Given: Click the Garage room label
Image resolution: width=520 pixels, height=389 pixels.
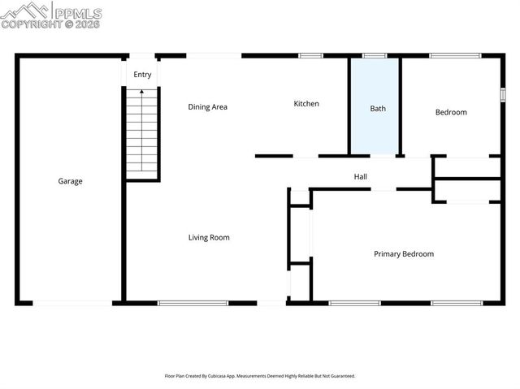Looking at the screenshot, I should (70, 181).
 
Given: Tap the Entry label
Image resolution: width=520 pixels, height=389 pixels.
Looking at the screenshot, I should (142, 75).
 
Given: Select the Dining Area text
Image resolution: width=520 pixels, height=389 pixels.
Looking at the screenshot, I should (207, 106).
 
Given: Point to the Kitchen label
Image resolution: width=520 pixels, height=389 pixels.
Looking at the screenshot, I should (306, 103).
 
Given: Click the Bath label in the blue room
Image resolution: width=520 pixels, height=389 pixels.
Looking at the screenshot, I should (378, 109).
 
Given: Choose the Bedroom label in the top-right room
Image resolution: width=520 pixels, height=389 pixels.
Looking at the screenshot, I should (451, 112).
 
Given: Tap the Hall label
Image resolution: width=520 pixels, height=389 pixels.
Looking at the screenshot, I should (360, 176).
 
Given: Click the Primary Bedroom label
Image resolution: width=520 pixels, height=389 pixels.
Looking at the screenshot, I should (403, 253).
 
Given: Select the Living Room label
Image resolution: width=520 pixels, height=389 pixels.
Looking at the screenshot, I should (209, 237).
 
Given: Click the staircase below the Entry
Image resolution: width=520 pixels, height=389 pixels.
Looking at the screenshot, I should (141, 134).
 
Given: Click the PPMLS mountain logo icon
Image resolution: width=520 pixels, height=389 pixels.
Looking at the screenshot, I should (25, 11).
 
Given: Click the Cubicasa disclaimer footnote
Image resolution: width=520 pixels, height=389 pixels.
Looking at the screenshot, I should (259, 376).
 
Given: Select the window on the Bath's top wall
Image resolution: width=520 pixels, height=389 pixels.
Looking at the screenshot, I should (375, 55).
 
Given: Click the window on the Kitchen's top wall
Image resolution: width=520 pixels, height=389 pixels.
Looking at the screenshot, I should (310, 55).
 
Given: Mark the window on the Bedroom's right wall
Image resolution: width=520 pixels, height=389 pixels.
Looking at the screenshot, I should (502, 93).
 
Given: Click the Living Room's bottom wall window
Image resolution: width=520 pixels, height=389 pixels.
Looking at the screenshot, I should (193, 303).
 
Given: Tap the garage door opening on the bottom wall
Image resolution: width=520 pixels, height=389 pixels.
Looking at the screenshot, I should (71, 303).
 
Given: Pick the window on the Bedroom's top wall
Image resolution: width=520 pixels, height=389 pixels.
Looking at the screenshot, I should (449, 55).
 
